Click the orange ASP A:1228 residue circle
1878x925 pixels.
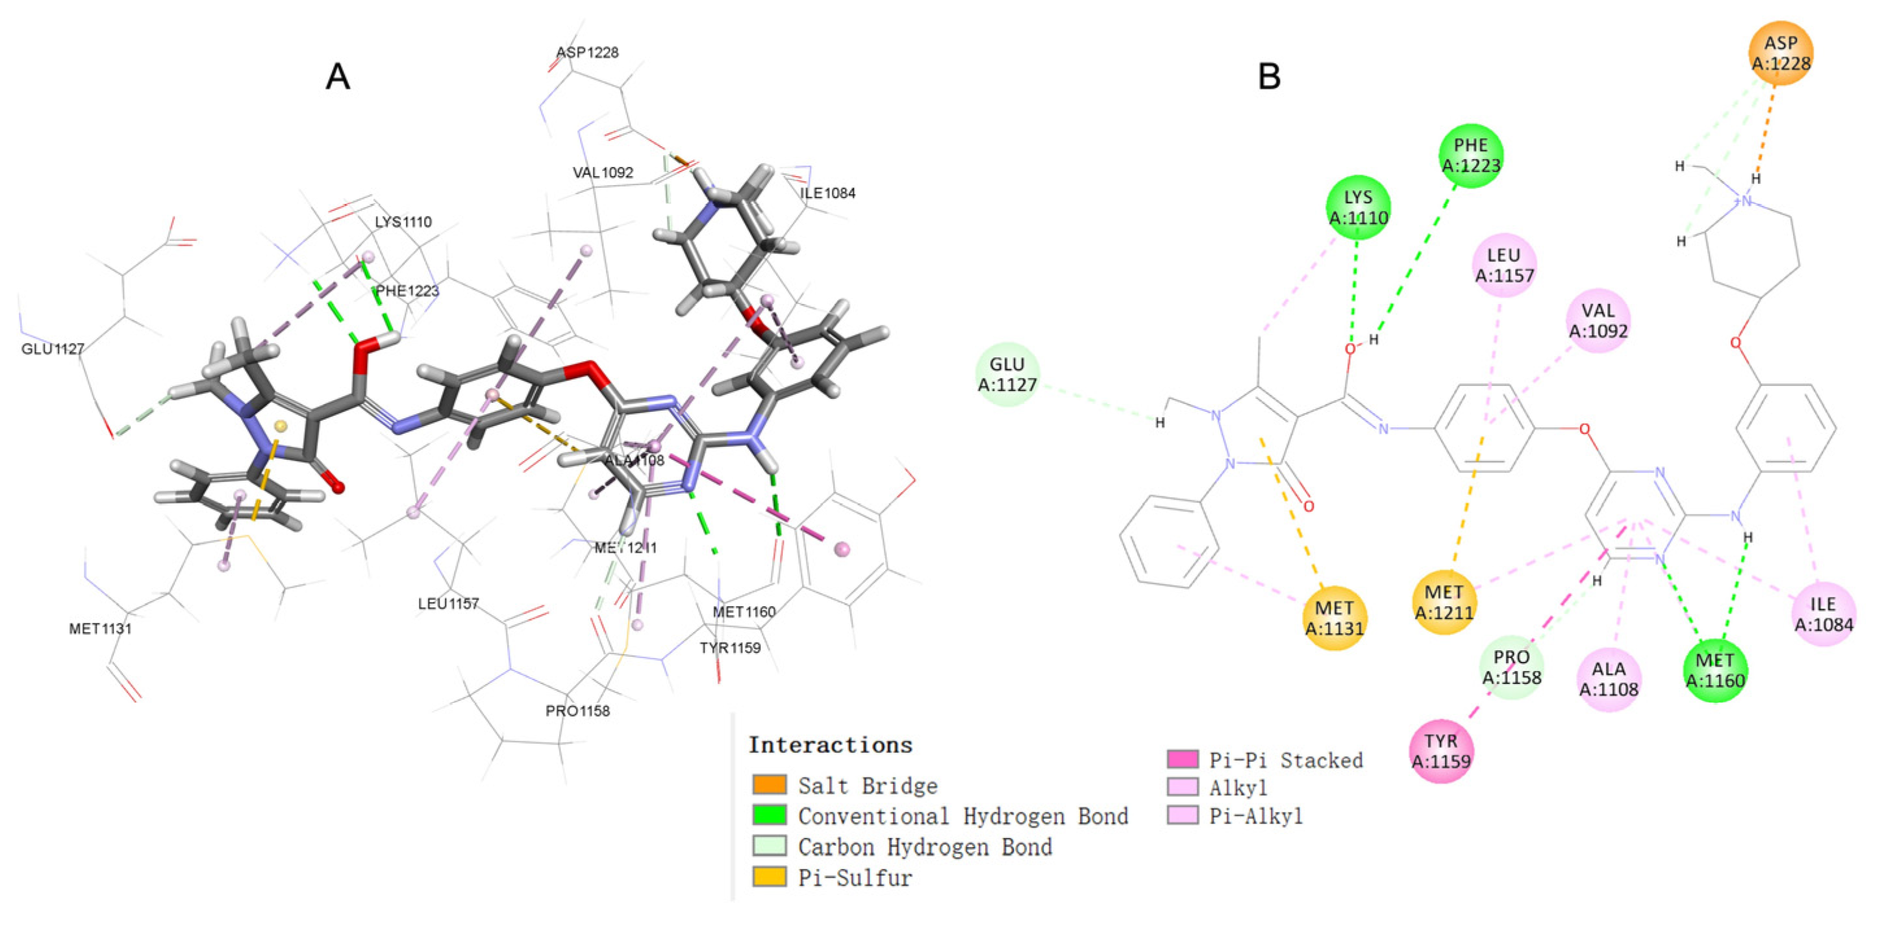point(1781,53)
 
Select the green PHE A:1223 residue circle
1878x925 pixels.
point(1470,155)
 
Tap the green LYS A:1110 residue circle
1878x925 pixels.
point(1357,207)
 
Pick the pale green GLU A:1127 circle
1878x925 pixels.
point(1007,374)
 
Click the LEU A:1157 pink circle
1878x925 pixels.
point(1504,265)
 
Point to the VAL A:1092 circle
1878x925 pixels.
point(1597,320)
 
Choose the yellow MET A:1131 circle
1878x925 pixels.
point(1334,618)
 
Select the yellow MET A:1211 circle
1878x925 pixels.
point(1444,602)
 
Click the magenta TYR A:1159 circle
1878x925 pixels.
point(1440,751)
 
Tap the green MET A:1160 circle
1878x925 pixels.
point(1715,670)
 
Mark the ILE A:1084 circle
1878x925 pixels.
point(1823,613)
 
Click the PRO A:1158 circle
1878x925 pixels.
point(1511,666)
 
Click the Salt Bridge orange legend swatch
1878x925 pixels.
point(769,785)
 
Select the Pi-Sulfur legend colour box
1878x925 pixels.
point(769,877)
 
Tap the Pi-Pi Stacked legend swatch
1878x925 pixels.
point(1182,759)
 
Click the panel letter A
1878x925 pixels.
point(338,76)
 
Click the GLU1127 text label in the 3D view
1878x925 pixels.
point(53,349)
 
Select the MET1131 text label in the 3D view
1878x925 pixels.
point(101,628)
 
